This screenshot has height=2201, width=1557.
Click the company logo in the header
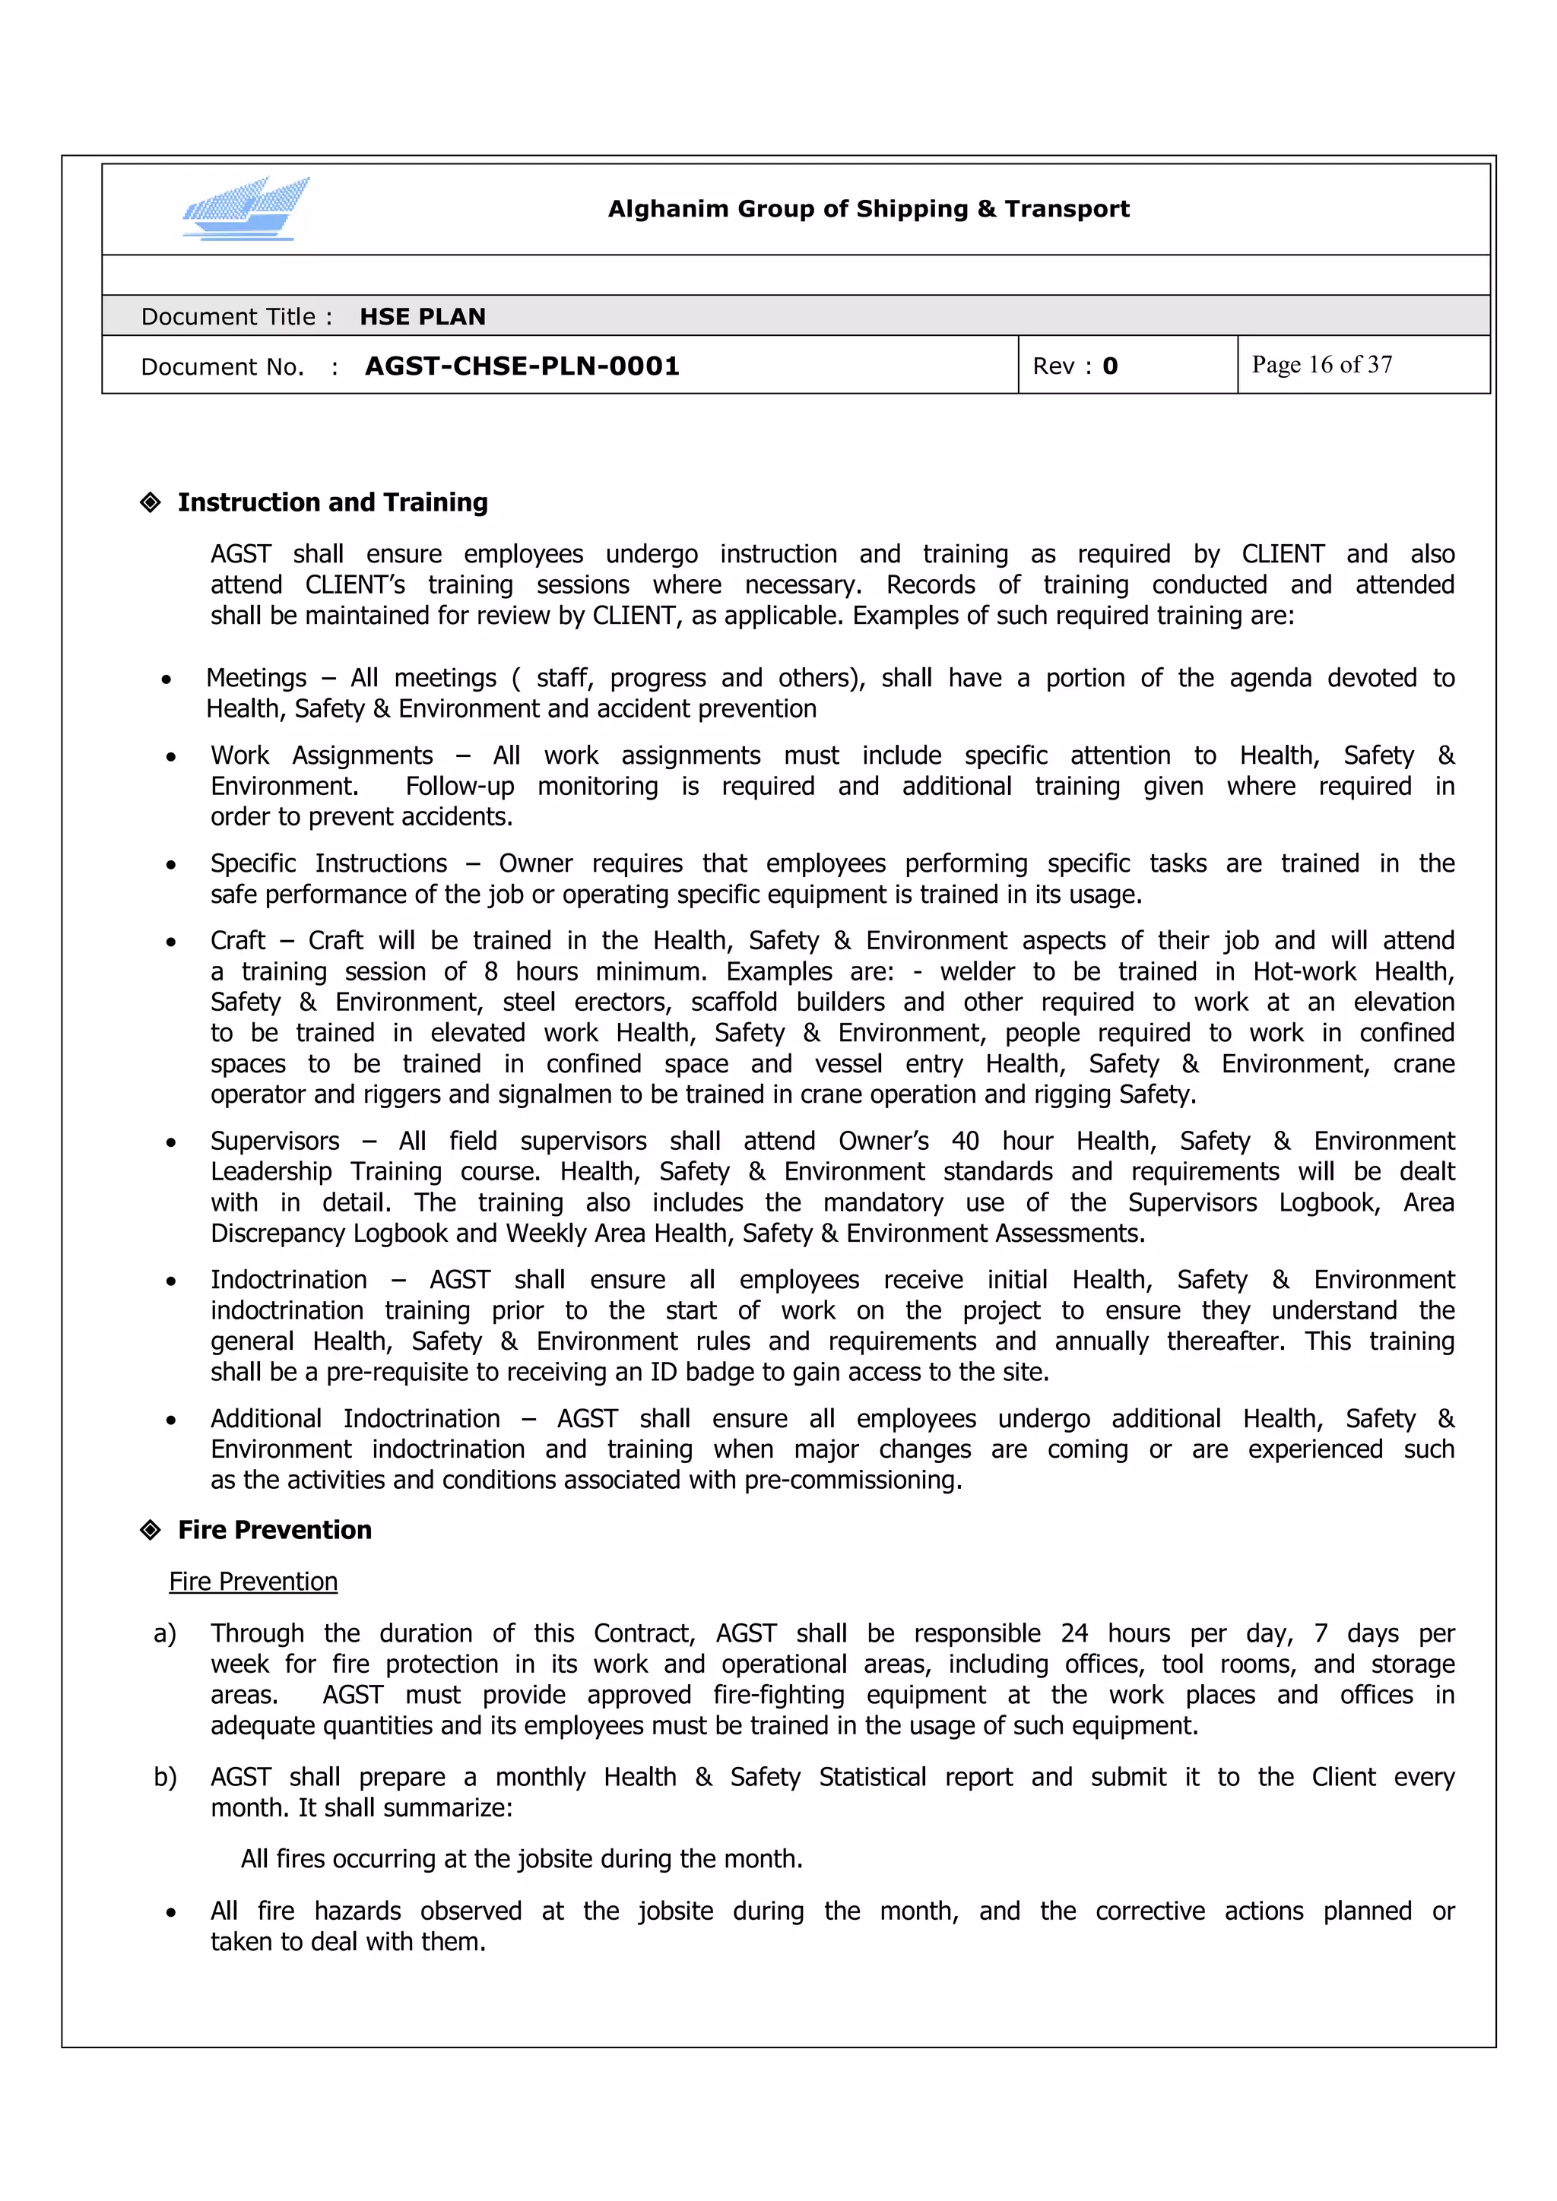pos(246,208)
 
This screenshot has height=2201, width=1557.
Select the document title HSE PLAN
pos(422,316)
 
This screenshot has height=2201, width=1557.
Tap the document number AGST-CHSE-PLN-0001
pos(522,366)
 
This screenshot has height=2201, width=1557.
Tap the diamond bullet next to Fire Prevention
pos(151,1529)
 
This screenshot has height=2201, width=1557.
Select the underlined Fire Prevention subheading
pos(253,1581)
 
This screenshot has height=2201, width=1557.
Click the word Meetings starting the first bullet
pos(256,678)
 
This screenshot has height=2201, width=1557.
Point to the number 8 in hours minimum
pos(491,971)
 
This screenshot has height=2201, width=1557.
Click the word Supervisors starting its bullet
pos(274,1141)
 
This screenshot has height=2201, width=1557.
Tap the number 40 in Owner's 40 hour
pos(965,1141)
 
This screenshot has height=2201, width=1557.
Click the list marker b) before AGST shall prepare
pos(165,1777)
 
